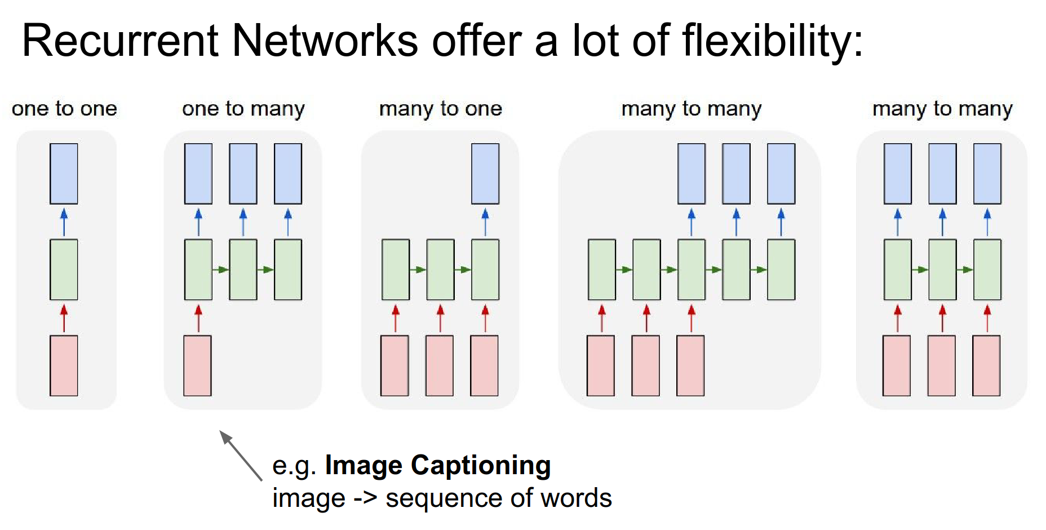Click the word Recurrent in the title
(119, 41)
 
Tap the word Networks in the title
(325, 41)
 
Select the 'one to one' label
(64, 108)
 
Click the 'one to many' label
(243, 108)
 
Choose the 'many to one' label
(440, 108)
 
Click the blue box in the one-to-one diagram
(64, 174)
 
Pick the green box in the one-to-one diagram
(64, 270)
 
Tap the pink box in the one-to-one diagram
(64, 365)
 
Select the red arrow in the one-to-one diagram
(64, 318)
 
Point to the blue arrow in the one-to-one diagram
(64, 222)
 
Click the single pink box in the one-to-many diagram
(197, 365)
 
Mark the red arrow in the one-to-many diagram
(198, 318)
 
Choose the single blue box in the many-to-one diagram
(485, 174)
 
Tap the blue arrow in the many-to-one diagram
(485, 222)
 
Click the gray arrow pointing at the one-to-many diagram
(241, 455)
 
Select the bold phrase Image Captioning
(438, 465)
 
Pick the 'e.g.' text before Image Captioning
(294, 466)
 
